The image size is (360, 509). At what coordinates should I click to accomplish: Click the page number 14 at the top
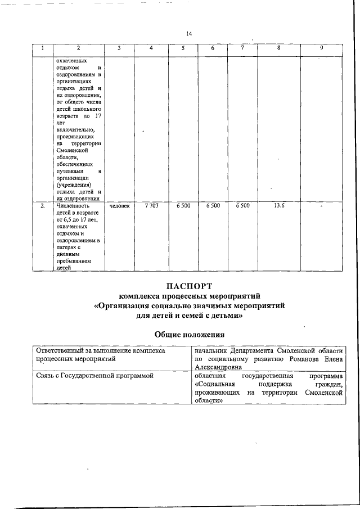189,34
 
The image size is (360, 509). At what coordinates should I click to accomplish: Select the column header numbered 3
119,48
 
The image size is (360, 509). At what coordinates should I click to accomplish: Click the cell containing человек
119,206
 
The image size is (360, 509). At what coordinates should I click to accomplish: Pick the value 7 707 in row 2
151,206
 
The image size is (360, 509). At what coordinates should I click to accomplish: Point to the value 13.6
278,206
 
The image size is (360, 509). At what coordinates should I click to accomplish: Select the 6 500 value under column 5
183,206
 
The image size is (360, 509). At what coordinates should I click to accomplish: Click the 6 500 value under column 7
243,206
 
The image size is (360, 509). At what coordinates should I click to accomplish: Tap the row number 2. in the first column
43,206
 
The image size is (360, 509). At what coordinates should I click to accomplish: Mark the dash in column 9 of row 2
321,207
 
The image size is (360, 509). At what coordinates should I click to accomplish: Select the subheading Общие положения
190,335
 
